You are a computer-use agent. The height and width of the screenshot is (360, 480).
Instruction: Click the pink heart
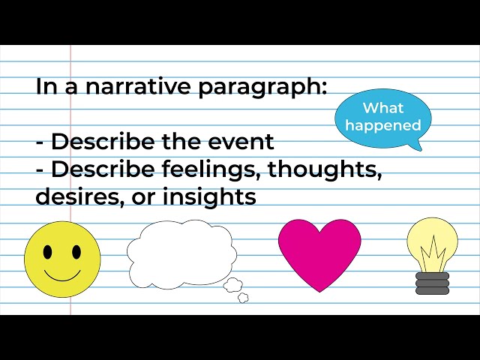320,251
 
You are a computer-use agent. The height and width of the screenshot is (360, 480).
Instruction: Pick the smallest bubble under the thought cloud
243,298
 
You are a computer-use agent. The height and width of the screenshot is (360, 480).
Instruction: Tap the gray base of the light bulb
432,283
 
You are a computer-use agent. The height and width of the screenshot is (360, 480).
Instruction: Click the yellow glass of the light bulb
432,240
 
